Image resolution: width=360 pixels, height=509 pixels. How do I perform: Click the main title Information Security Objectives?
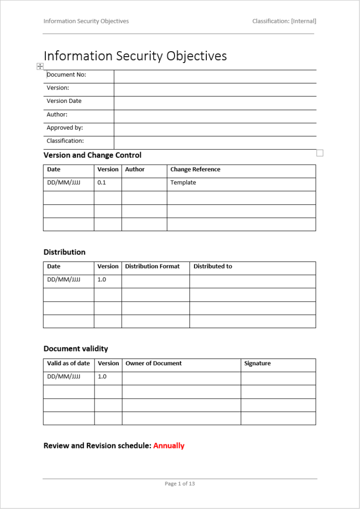pos(135,56)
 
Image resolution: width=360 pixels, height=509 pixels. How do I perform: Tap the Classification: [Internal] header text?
pos(284,21)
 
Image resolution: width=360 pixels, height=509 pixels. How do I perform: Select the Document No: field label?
pos(67,75)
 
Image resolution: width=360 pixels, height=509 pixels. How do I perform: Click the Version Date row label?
pos(64,101)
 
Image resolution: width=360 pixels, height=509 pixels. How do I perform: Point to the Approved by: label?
pos(65,128)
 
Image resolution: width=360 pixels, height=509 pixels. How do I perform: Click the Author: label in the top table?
pos(57,114)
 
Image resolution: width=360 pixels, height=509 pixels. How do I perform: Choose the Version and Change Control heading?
pos(92,155)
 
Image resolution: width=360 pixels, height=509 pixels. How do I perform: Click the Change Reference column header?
pos(195,170)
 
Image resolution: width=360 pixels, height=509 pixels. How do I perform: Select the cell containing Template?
pos(183,182)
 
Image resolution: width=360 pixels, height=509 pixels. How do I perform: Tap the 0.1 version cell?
pos(102,182)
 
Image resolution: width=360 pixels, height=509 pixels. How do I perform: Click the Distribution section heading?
pos(65,252)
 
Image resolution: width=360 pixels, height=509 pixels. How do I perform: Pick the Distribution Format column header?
pos(153,266)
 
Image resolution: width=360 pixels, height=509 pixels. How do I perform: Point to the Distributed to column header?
pos(213,266)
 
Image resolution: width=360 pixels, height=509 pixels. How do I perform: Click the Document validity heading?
pos(76,348)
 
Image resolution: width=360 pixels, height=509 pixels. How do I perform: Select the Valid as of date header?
pos(69,363)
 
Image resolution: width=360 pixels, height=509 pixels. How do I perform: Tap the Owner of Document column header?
pos(154,363)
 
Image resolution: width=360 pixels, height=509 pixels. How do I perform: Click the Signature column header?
pos(258,363)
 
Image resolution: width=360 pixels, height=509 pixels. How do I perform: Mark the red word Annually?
pos(169,445)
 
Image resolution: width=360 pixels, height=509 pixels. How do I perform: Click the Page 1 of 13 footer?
pos(180,484)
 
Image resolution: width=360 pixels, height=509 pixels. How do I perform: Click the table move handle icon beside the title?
pos(40,67)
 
